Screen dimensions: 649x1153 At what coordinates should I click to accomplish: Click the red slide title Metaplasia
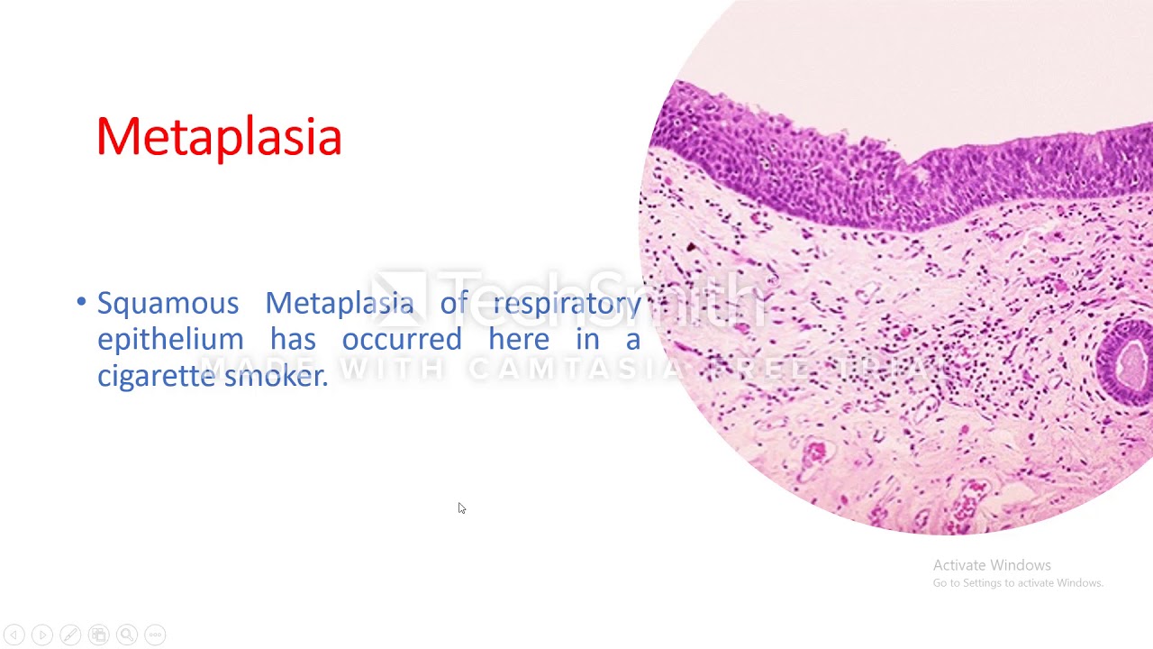pos(219,137)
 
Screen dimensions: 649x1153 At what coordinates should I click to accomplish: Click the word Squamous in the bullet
pos(168,304)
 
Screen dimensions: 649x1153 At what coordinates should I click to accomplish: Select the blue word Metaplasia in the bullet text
pos(339,304)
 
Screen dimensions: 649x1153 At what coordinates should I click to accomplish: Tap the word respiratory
pos(567,304)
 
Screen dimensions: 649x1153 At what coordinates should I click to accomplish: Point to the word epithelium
pos(170,340)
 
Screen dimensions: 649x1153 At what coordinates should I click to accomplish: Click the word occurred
pos(401,340)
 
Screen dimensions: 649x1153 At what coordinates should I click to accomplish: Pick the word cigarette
pos(156,376)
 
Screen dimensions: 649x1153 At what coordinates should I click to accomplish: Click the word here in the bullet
pos(518,340)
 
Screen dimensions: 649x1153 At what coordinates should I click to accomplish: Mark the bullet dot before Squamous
pos(82,302)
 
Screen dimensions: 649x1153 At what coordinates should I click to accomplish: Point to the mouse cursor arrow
pos(461,508)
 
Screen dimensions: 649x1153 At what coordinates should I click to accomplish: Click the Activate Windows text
pos(992,565)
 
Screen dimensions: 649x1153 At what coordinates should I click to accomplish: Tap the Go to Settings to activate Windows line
pos(1018,583)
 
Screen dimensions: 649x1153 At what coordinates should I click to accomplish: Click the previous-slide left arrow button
pos(14,635)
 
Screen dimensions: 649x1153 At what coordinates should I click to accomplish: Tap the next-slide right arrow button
pos(41,635)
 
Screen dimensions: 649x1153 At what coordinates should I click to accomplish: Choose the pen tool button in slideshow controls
pos(70,635)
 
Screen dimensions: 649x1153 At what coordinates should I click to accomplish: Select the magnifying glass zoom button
pos(127,635)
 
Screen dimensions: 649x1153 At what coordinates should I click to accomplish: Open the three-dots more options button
pos(155,635)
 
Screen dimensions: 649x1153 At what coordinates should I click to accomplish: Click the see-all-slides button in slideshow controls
pos(99,635)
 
